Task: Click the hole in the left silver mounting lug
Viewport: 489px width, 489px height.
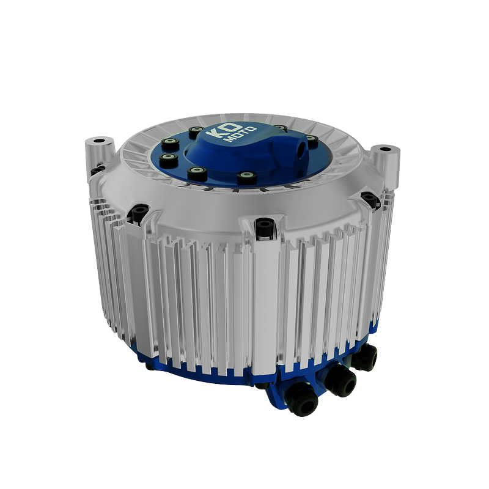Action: (x=100, y=141)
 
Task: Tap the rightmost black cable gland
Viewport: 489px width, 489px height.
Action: (x=366, y=356)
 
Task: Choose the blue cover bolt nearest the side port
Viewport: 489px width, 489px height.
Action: (x=311, y=141)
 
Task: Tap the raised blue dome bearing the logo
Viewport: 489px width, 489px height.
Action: (x=244, y=150)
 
